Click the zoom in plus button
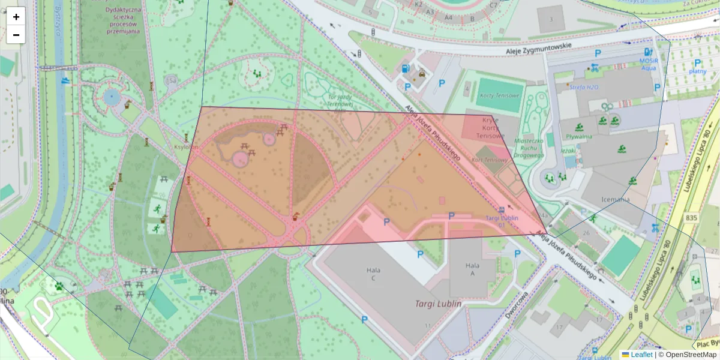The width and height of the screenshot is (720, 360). (16, 17)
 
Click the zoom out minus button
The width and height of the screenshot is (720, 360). (16, 35)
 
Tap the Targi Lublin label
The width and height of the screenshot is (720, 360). (438, 304)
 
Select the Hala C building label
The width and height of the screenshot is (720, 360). (373, 274)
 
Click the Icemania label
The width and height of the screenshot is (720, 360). (614, 199)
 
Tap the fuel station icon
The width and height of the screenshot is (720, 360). (406, 68)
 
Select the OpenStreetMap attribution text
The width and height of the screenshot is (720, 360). (689, 355)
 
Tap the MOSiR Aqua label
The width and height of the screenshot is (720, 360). (648, 64)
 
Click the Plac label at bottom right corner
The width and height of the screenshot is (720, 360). (706, 344)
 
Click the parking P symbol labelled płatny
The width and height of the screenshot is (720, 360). (697, 63)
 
